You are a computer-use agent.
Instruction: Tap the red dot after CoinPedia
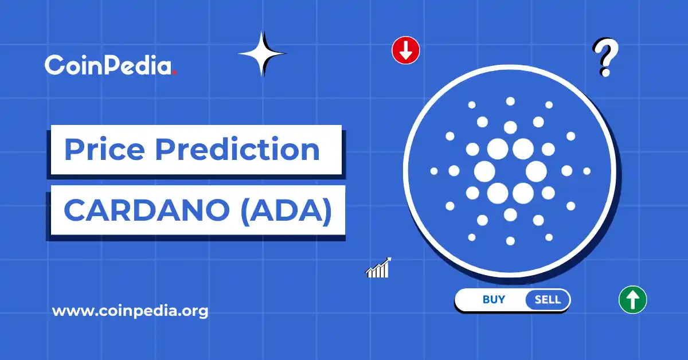tap(174, 73)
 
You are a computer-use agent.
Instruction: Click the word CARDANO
tap(146, 210)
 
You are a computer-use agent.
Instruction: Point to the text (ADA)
tap(286, 210)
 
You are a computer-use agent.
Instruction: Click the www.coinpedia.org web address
tap(130, 311)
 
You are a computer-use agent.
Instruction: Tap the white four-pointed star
tap(262, 54)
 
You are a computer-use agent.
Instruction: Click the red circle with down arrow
tap(406, 50)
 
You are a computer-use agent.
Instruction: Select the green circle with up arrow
tap(632, 299)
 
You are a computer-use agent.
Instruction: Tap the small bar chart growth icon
tap(378, 268)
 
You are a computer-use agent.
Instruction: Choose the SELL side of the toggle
tap(547, 300)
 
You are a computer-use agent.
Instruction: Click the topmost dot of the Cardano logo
tap(510, 101)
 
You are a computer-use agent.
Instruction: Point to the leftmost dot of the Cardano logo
tap(434, 171)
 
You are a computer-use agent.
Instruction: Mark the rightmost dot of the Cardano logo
tap(587, 171)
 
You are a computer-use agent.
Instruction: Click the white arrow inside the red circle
tap(406, 51)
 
